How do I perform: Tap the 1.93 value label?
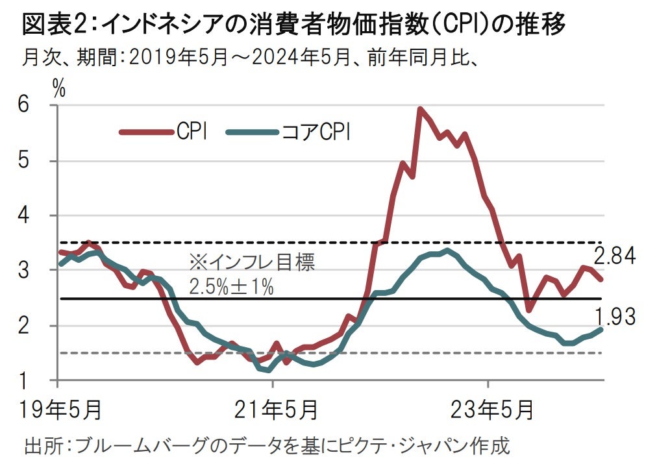[615, 317]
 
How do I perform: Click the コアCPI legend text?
[315, 132]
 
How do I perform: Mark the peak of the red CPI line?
[421, 109]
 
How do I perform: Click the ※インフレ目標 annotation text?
[252, 263]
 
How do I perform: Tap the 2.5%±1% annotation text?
[231, 286]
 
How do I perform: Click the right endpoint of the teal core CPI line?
[602, 329]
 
